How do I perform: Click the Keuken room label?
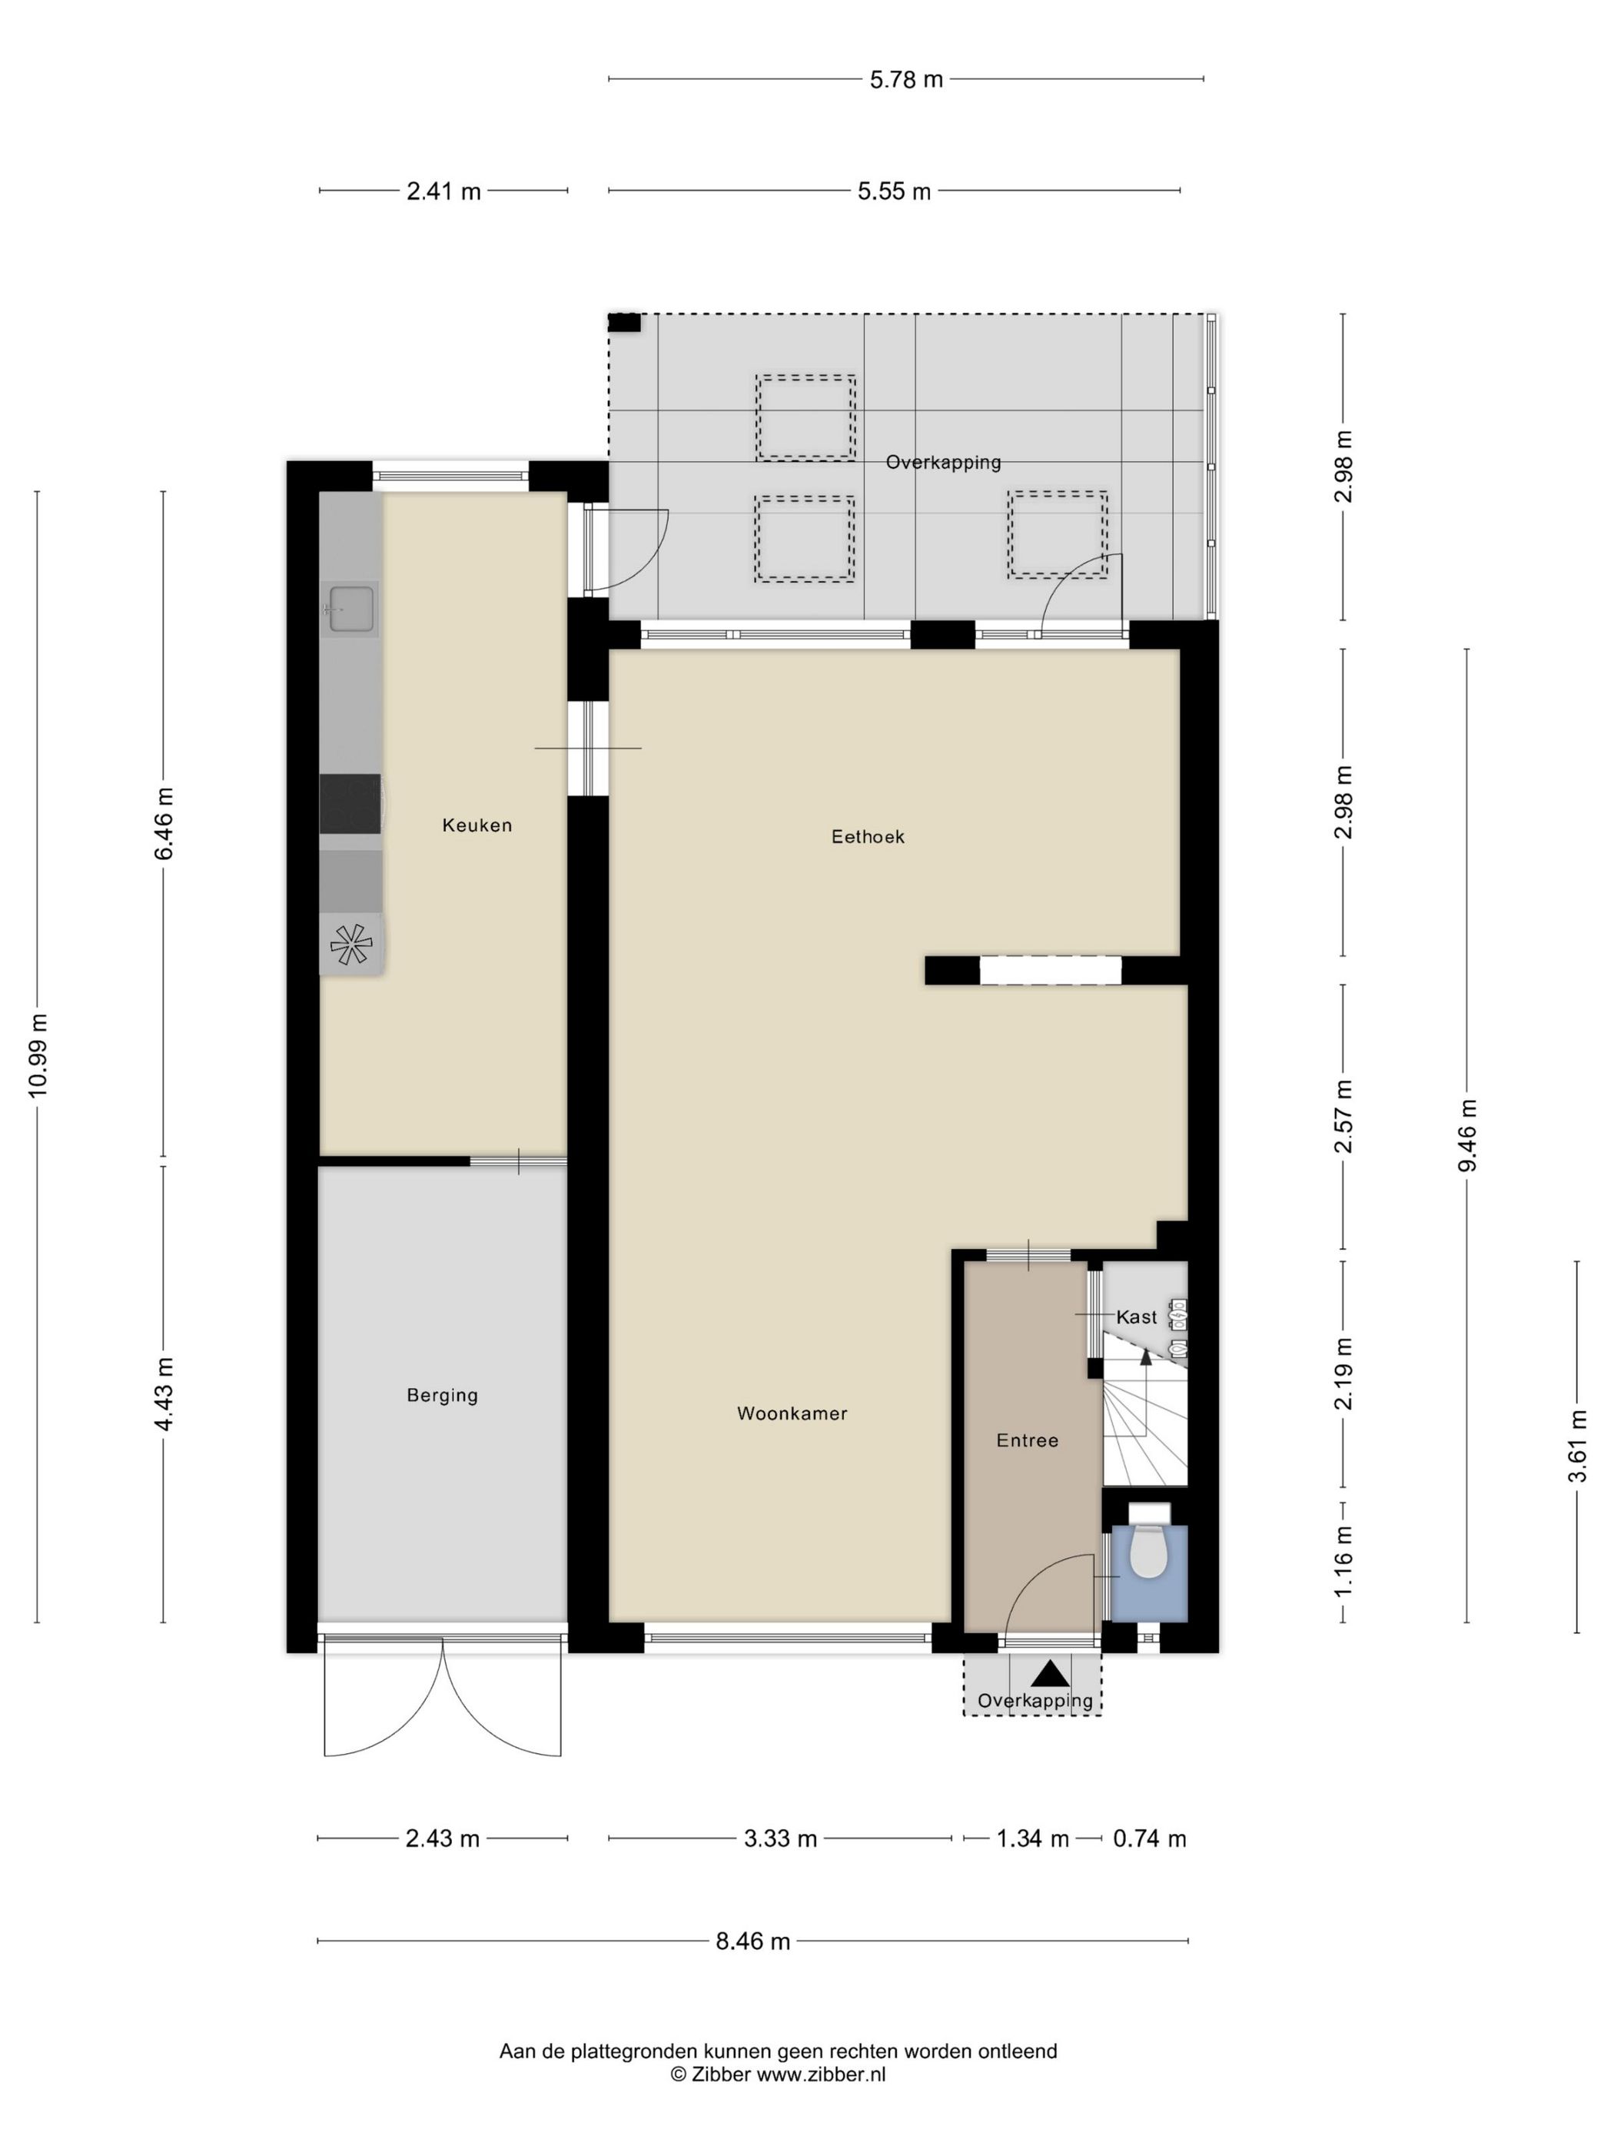coord(477,825)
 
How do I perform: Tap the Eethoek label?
coord(868,837)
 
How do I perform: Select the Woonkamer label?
coord(792,1413)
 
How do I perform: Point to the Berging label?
coord(443,1396)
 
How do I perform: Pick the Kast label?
coord(1136,1317)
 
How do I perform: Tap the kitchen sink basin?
coord(351,609)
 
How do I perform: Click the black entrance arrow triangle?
coord(1050,1673)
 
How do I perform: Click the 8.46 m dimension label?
coord(753,1942)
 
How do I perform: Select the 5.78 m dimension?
coord(905,80)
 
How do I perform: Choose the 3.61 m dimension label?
coord(1577,1446)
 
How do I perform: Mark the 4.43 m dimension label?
coord(164,1394)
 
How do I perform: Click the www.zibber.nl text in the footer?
coord(821,2074)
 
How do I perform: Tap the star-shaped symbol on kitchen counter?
coord(351,944)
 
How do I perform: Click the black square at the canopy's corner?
coord(625,323)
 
